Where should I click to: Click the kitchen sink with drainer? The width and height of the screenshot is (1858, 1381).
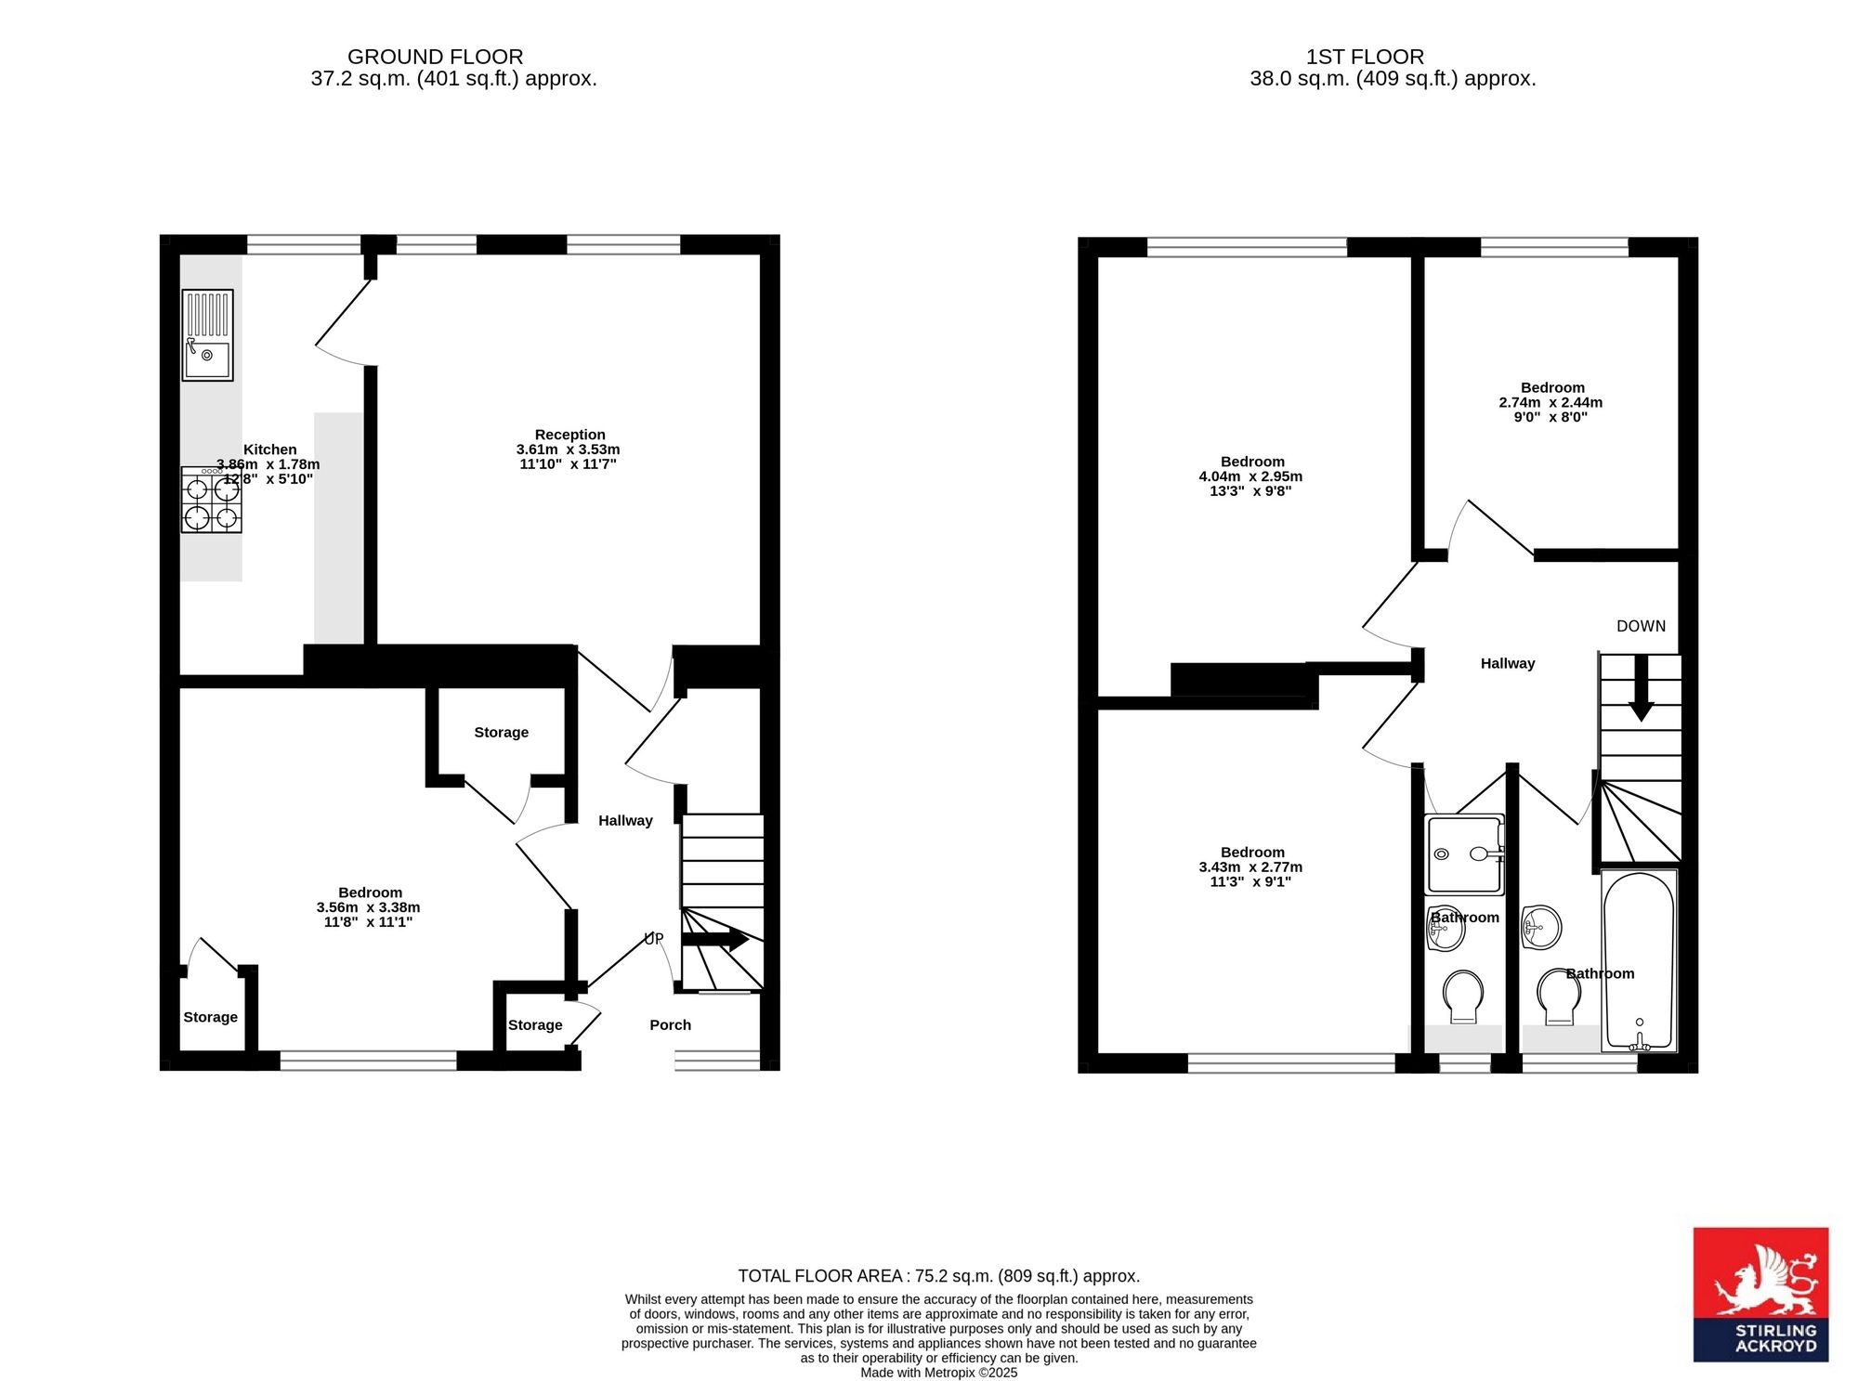(x=207, y=335)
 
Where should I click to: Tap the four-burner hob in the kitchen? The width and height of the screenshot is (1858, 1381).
(x=212, y=500)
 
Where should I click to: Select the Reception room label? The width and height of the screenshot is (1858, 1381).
(x=569, y=435)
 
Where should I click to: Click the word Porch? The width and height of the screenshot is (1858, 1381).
(x=670, y=1025)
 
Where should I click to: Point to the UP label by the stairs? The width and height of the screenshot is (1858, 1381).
(x=654, y=939)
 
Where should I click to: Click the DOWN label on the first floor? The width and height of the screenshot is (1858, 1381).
(x=1641, y=626)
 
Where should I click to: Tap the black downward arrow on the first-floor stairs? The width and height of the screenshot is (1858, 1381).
(x=1642, y=688)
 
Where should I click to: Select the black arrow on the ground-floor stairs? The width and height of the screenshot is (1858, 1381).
(x=715, y=940)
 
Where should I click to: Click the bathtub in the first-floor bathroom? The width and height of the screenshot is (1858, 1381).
(x=1639, y=960)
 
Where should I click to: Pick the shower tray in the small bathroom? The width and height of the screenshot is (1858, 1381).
(x=1464, y=854)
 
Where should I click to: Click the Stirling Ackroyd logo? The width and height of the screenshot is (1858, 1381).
(x=1760, y=1295)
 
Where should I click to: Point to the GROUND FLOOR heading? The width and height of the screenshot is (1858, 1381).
(x=435, y=57)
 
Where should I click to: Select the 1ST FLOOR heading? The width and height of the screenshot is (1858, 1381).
(x=1365, y=57)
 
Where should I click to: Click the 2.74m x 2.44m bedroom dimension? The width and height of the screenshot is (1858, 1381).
(x=1551, y=403)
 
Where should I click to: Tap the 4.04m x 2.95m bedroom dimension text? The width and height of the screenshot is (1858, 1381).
(x=1250, y=476)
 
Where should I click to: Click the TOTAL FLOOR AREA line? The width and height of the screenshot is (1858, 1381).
(x=938, y=1276)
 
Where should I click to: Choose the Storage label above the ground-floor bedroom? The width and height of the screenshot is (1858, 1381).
(x=501, y=733)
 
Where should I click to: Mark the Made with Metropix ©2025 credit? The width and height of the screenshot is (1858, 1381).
(x=938, y=1373)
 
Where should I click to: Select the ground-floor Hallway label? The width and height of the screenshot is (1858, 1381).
(x=625, y=821)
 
